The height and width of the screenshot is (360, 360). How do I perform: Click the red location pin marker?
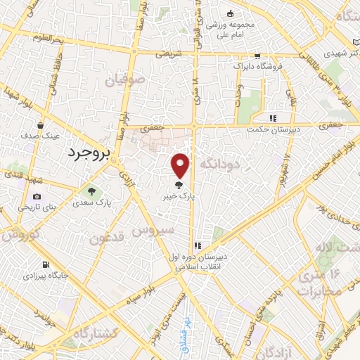click(x=181, y=165)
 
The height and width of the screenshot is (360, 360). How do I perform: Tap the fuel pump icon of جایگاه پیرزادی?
click(x=46, y=265)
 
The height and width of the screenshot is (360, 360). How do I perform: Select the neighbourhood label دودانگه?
click(x=221, y=163)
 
